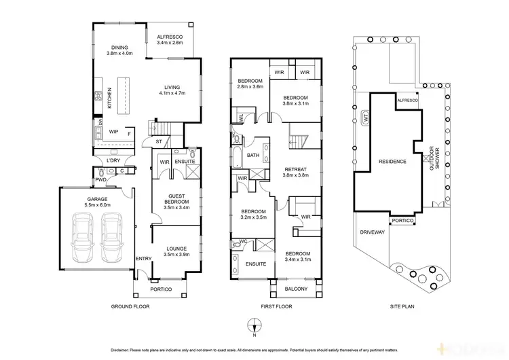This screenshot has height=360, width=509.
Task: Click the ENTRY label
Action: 144,258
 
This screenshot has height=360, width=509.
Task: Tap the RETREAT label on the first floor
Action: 296,169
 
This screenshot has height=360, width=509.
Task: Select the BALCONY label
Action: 297,289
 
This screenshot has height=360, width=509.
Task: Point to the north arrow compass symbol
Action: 253,327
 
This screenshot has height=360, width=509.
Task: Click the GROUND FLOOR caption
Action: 130,307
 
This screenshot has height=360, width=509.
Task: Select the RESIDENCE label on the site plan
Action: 392,162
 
